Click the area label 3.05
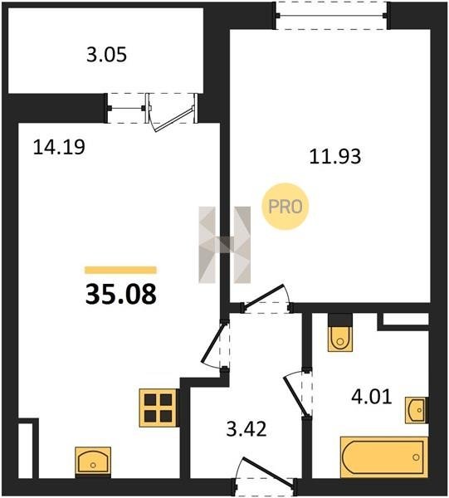(106, 55)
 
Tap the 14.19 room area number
(59, 147)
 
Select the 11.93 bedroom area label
(335, 157)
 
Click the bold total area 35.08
(121, 294)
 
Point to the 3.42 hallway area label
(246, 429)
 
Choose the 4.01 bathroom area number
(372, 397)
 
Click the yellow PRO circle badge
(286, 207)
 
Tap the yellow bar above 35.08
(120, 270)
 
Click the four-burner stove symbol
(159, 408)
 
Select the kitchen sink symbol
(93, 461)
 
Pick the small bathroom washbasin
(417, 410)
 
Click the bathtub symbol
(384, 457)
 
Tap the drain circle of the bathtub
(416, 457)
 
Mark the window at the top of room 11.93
(331, 16)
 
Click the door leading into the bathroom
(296, 393)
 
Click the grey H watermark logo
(224, 245)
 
